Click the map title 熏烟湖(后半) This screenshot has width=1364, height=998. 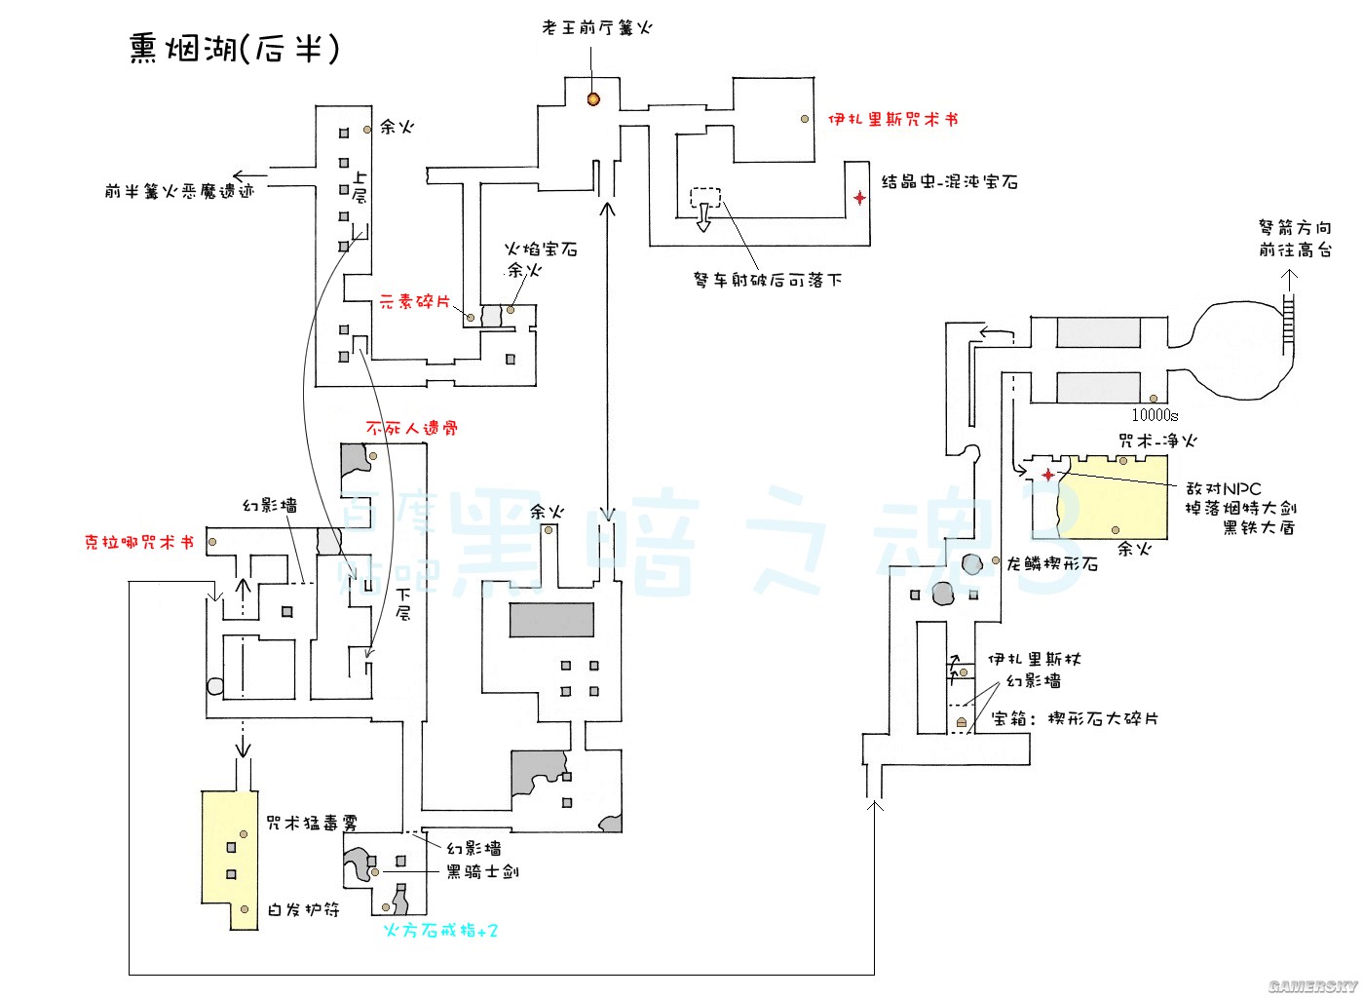[x=235, y=48]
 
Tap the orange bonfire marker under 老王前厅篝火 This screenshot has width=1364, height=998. [x=592, y=98]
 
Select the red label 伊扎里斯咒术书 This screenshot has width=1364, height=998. [x=892, y=119]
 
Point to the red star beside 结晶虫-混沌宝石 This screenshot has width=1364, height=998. [x=859, y=198]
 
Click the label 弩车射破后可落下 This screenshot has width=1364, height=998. [x=768, y=280]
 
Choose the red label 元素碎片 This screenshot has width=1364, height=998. [x=414, y=302]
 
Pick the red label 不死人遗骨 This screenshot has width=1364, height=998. [x=411, y=428]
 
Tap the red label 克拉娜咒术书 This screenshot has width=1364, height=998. [x=138, y=542]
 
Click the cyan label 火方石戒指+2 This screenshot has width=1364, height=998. [x=440, y=931]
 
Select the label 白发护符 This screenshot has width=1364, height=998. [x=304, y=909]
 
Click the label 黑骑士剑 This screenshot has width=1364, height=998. [x=482, y=871]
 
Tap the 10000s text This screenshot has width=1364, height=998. [x=1155, y=415]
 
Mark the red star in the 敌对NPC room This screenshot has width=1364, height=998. [x=1048, y=475]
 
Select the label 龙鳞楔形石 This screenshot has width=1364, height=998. [x=1052, y=563]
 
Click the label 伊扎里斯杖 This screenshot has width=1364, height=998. [x=1034, y=660]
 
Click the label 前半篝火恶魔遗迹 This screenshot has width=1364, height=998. [x=179, y=191]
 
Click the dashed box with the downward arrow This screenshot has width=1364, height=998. [x=704, y=206]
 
